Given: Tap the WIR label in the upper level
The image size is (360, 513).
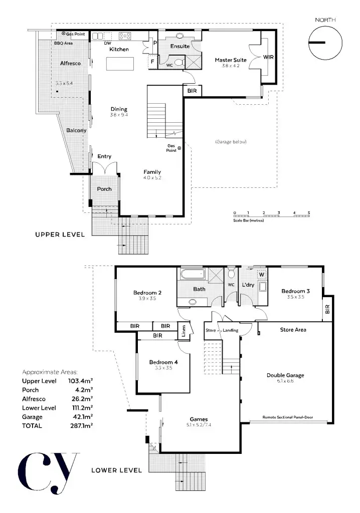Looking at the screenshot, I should pos(268,58).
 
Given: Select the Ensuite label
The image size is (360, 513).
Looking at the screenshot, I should pos(179,46).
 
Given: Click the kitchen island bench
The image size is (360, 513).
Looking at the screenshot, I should pos(120,64).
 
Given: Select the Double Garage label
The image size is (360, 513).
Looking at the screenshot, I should pos(285,375).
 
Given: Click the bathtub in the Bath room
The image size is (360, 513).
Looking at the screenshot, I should pos(192,274).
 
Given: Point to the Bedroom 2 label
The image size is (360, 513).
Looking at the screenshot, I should pos(146,293).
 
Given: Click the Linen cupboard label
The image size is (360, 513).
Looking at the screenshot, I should pos(184,331).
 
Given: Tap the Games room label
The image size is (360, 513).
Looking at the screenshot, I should pos(199,420).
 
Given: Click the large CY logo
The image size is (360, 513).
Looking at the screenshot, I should pos(48,471).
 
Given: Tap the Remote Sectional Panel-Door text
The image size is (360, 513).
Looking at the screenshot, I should pos(290,417).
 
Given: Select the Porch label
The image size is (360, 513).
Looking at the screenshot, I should pos(104,189).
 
